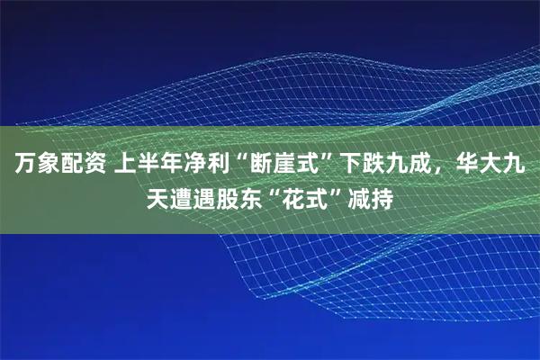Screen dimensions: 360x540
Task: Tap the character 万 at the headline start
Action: (23, 165)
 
